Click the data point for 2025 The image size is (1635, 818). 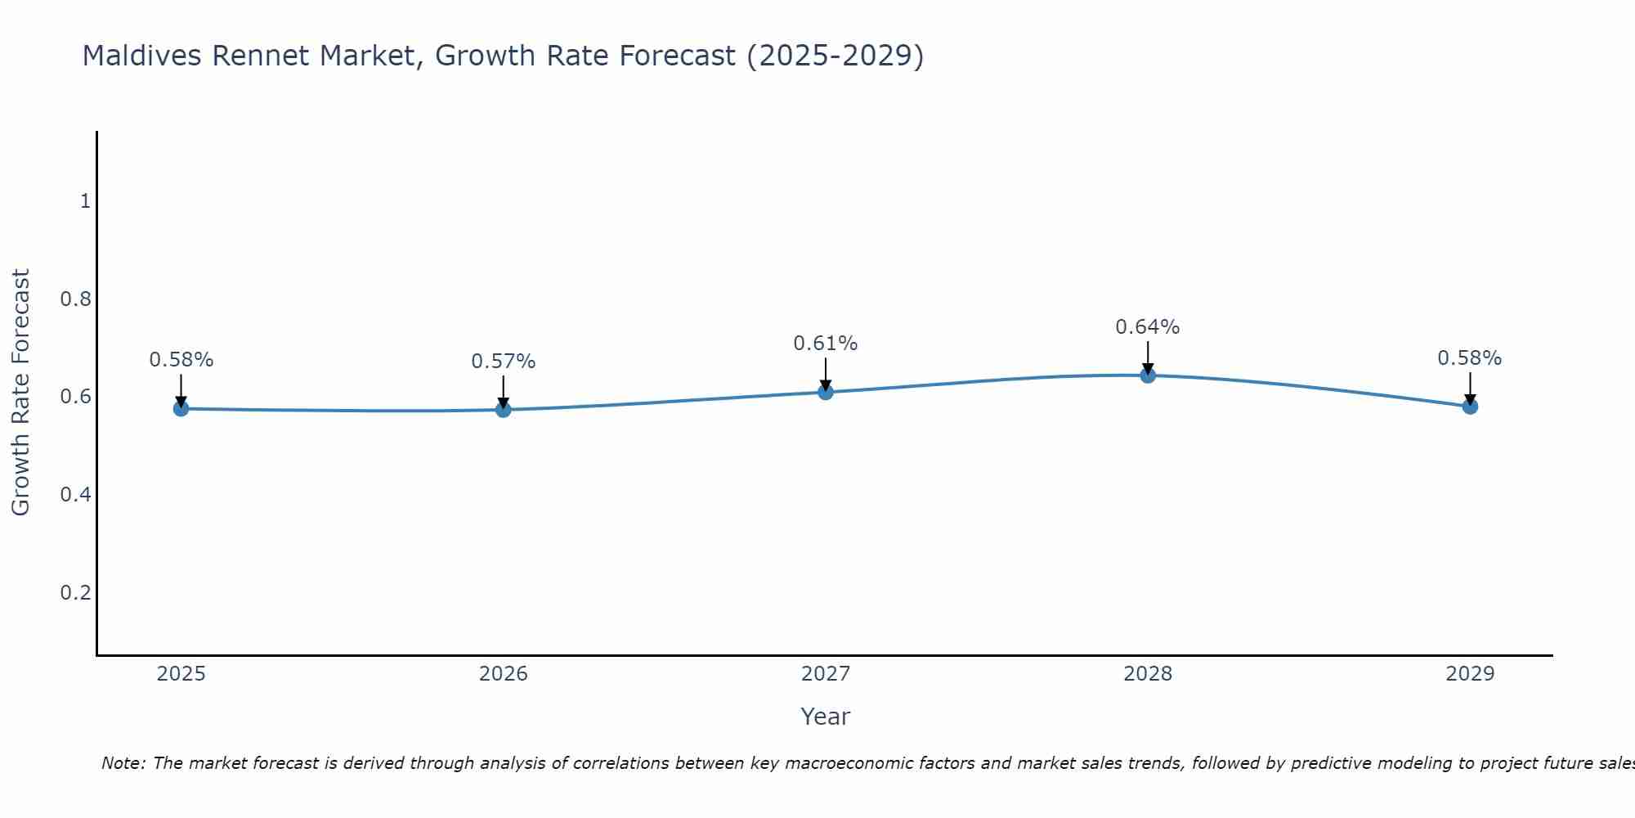(181, 408)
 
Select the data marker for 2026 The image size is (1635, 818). (504, 409)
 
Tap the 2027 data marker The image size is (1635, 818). (826, 392)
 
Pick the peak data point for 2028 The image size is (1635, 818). (1148, 375)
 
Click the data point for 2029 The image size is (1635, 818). (1470, 406)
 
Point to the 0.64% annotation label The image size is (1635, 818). (1148, 327)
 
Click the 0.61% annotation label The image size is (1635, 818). (826, 344)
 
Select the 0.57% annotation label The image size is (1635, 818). (504, 361)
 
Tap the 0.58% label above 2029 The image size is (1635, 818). (1470, 358)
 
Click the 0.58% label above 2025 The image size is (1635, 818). (181, 360)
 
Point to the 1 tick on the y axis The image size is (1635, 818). (85, 200)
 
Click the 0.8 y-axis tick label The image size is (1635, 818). (75, 299)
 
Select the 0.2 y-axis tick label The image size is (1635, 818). (75, 592)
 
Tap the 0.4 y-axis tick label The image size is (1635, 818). (75, 494)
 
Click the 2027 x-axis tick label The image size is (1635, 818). (826, 674)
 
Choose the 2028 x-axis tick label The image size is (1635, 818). (1148, 674)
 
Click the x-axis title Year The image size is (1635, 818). (826, 717)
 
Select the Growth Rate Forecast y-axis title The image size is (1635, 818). (20, 393)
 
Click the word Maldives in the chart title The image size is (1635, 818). (143, 56)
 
